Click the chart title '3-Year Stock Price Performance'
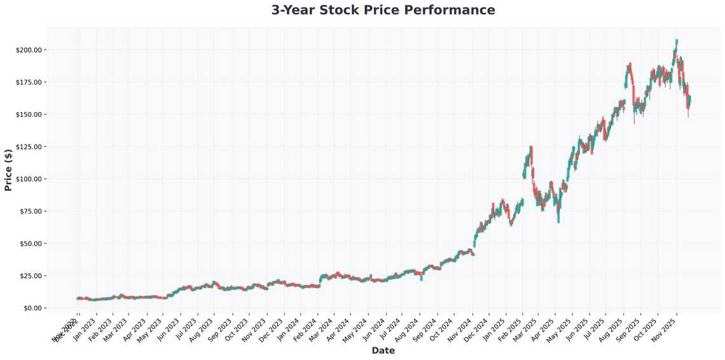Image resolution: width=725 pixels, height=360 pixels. (x=383, y=10)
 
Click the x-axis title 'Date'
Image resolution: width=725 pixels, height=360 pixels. (x=383, y=350)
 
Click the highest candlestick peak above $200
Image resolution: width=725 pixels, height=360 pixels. (x=677, y=41)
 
